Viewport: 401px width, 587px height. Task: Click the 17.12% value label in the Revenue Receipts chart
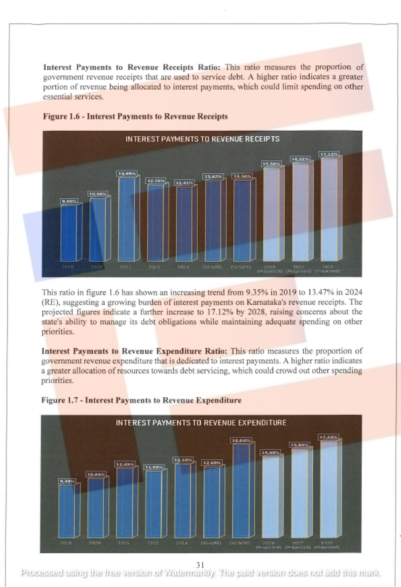click(329, 154)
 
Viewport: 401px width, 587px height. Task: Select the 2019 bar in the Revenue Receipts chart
click(69, 233)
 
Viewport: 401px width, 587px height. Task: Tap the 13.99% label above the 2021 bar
click(127, 173)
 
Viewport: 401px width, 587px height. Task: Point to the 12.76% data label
click(156, 181)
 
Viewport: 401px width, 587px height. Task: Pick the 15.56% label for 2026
click(271, 163)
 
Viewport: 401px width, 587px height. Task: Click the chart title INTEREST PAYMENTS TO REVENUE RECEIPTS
click(203, 139)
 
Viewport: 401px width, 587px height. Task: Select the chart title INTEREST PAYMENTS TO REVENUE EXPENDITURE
click(201, 423)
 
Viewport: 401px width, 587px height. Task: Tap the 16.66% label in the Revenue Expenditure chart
click(241, 440)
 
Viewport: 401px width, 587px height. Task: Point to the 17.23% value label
click(328, 437)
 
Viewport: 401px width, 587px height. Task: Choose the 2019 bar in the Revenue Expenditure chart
click(67, 511)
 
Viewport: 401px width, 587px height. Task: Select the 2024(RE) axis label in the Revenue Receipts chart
click(211, 267)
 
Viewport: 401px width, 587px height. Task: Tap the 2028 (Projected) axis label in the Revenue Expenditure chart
click(326, 545)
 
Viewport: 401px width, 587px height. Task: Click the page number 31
click(200, 565)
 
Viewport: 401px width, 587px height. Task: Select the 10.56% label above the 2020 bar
click(98, 194)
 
